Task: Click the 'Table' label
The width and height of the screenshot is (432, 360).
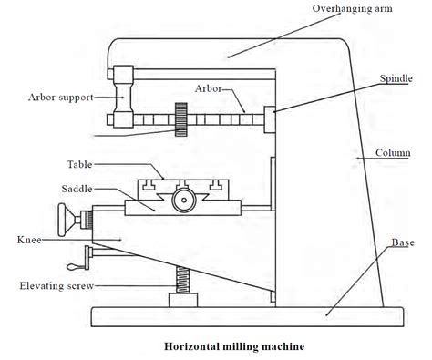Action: (x=79, y=165)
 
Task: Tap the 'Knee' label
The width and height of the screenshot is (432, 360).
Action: (x=26, y=240)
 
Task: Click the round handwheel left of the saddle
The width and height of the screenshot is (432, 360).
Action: (x=65, y=220)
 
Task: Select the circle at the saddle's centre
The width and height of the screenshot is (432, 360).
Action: (x=184, y=201)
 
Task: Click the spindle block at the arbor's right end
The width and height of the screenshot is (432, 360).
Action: (x=271, y=118)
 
